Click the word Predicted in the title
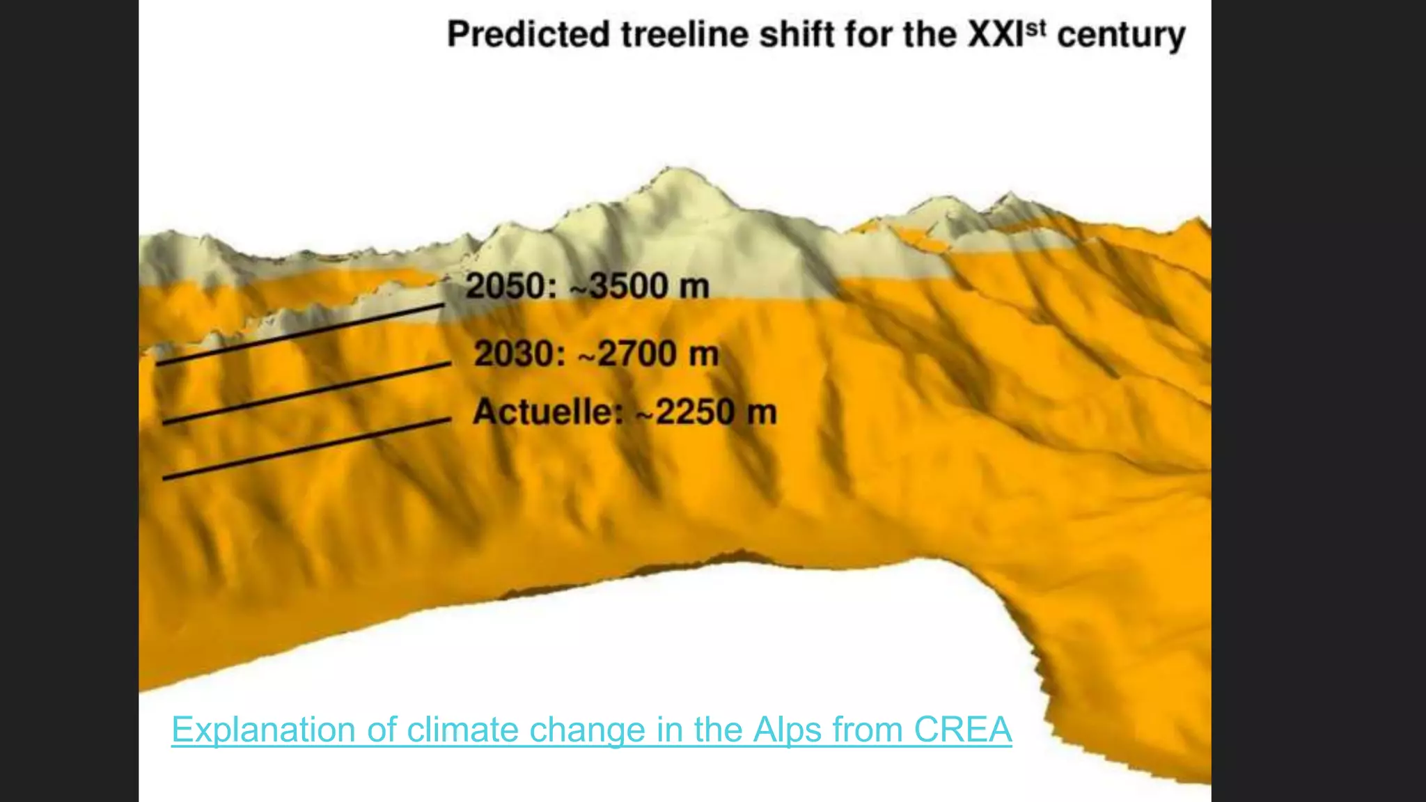click(528, 35)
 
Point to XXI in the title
click(995, 35)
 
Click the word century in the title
click(1121, 36)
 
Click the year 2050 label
click(510, 286)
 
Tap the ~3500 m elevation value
click(640, 286)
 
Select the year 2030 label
click(519, 354)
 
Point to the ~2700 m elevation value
click(648, 354)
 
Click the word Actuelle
click(547, 411)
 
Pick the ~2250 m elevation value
click(706, 411)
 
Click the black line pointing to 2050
click(300, 334)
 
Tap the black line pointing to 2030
click(306, 393)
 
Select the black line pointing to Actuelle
click(306, 449)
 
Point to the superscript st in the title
click(1037, 28)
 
